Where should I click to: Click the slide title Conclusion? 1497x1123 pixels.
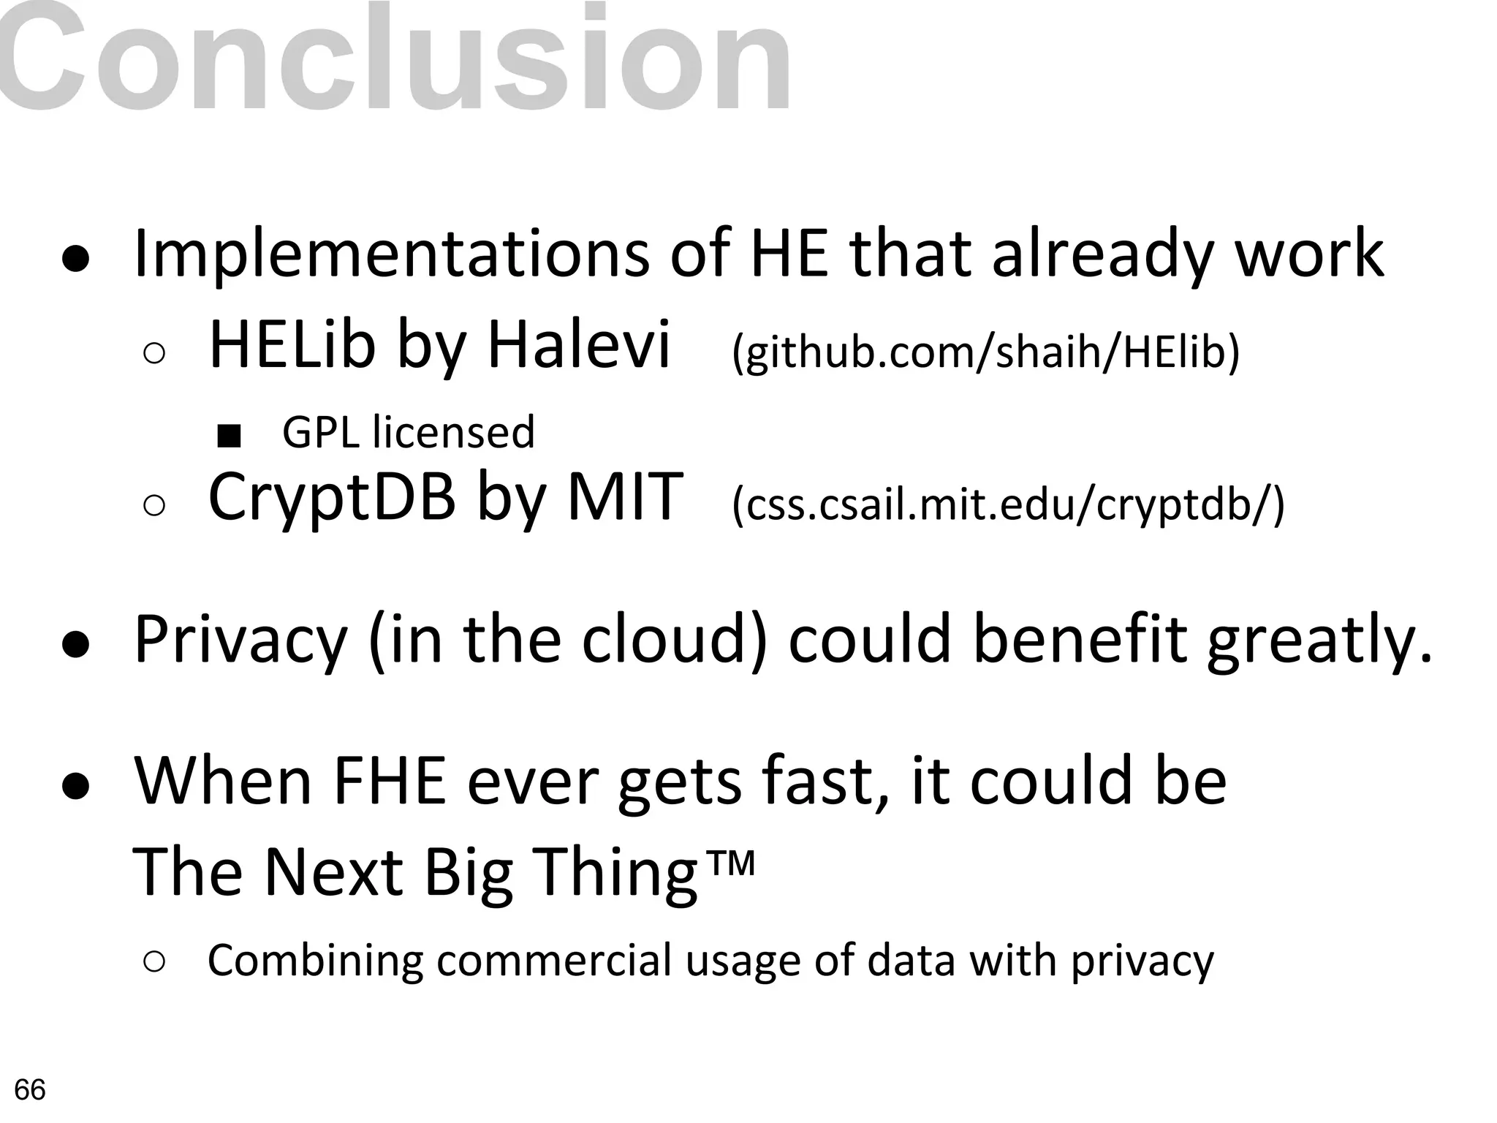pyautogui.click(x=395, y=58)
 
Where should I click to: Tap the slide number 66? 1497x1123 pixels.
pyautogui.click(x=30, y=1090)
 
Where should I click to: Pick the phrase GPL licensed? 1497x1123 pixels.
pyautogui.click(x=409, y=432)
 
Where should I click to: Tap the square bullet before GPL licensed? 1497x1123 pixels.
pyautogui.click(x=230, y=436)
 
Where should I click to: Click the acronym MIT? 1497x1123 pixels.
pyautogui.click(x=625, y=497)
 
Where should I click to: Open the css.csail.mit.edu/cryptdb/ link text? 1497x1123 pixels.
pyautogui.click(x=1008, y=504)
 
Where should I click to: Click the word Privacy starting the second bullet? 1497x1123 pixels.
pyautogui.click(x=241, y=640)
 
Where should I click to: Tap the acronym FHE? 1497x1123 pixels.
pyautogui.click(x=389, y=781)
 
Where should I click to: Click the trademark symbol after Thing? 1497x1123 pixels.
pyautogui.click(x=732, y=864)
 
